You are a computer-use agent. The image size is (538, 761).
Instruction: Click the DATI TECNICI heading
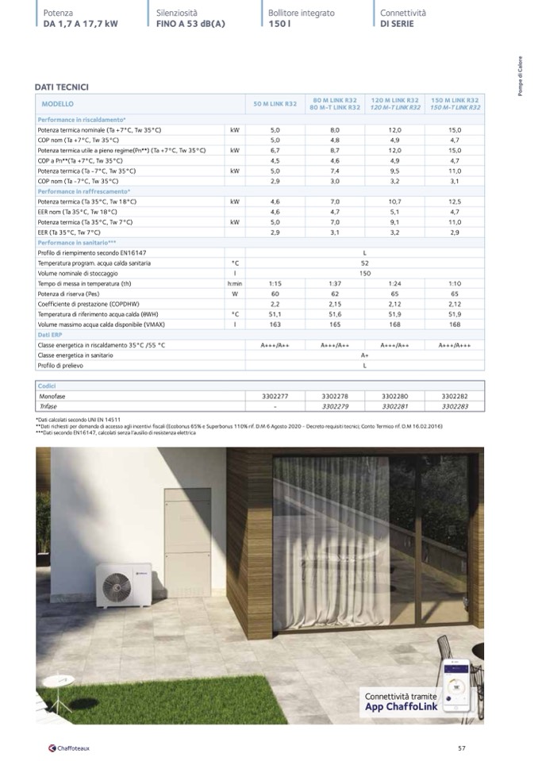[62, 86]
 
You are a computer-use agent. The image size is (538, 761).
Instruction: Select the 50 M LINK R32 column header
[275, 104]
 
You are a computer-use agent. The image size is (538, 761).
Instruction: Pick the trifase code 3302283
[455, 405]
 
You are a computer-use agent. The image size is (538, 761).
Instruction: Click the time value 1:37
[335, 282]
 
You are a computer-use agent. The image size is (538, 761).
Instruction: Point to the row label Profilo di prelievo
[62, 366]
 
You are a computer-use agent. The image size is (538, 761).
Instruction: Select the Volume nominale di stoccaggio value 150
[365, 273]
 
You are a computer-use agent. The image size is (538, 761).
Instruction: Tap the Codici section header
[49, 384]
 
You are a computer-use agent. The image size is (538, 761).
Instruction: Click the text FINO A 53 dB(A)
[191, 24]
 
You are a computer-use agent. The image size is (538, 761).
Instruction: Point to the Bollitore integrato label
[302, 13]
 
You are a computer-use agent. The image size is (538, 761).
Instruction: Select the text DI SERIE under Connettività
[397, 24]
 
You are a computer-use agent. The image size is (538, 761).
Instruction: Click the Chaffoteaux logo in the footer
[69, 748]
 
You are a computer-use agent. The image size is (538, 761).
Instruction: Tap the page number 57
[463, 748]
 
